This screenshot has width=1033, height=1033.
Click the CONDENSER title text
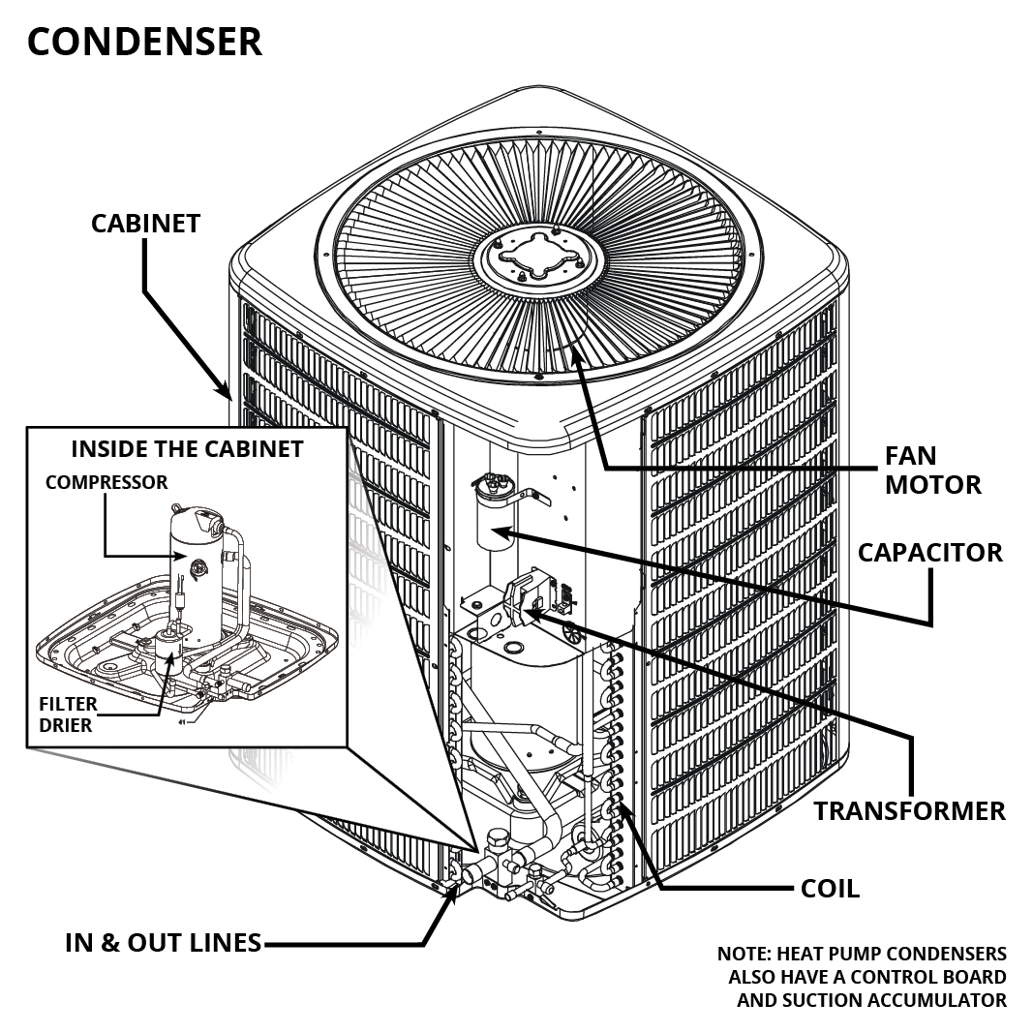pos(144,42)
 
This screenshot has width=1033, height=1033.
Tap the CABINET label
pos(145,223)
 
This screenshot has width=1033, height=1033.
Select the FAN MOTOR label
pos(932,470)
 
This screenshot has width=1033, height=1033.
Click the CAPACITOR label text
pos(929,553)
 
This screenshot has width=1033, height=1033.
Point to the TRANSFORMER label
pos(909,810)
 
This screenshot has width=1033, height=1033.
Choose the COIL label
pos(830,888)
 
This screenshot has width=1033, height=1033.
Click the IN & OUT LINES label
pos(163,942)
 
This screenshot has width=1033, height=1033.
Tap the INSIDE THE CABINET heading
pos(187,449)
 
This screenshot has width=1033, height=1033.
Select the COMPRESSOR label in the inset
pos(106,482)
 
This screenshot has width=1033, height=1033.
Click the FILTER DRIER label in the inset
pos(66,714)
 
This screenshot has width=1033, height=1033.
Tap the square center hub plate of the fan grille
pos(537,258)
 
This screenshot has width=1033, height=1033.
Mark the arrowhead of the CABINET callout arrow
pos(226,391)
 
